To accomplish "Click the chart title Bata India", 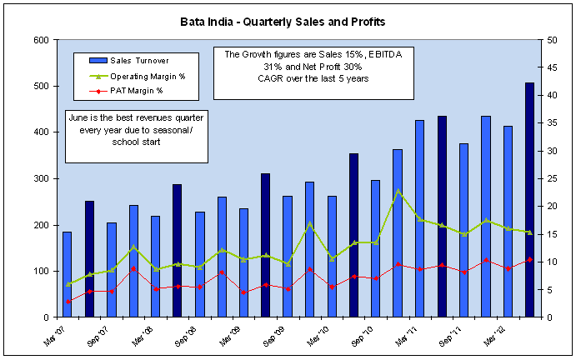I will [287, 18].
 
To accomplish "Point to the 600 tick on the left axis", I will [39, 40].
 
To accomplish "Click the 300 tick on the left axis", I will [39, 178].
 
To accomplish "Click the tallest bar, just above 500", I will [529, 200].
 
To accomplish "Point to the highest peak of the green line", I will [398, 191].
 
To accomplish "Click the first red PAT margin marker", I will [68, 301].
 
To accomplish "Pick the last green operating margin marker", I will [529, 232].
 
